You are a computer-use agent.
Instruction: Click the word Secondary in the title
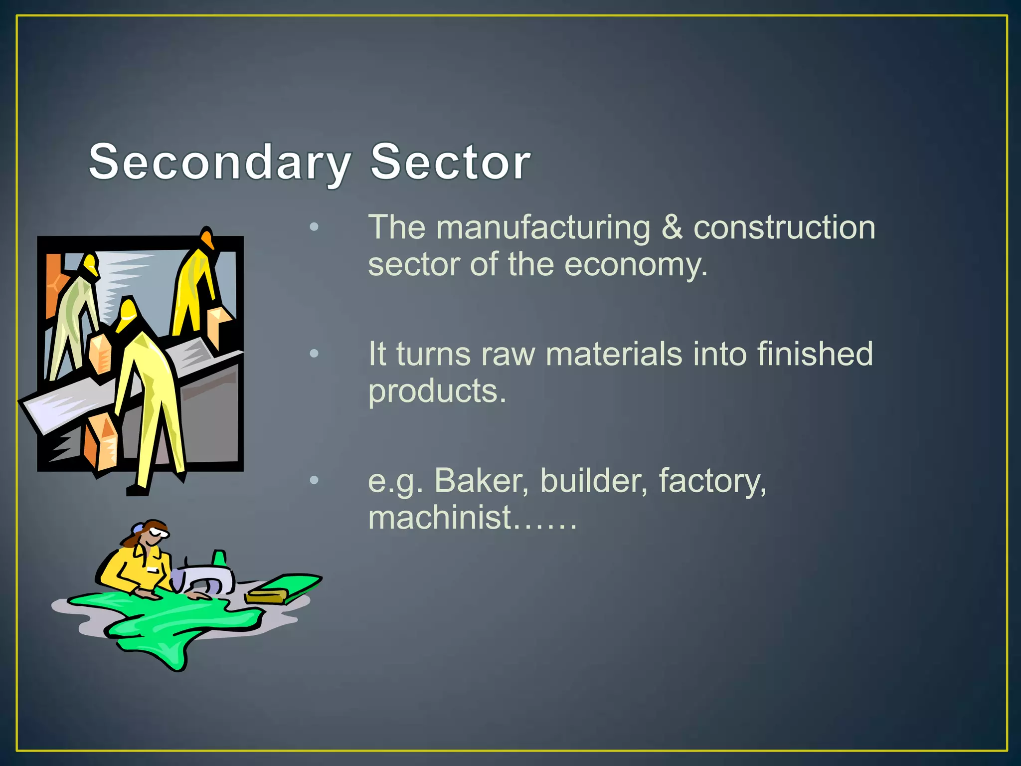pyautogui.click(x=219, y=162)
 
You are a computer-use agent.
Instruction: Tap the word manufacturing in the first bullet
pyautogui.click(x=543, y=228)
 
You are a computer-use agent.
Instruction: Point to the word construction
pyautogui.click(x=784, y=228)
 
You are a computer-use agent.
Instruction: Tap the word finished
pyautogui.click(x=815, y=354)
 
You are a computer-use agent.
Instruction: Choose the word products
pyautogui.click(x=437, y=391)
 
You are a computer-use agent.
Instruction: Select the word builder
pyautogui.click(x=594, y=481)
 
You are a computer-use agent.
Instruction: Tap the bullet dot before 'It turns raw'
pyautogui.click(x=314, y=354)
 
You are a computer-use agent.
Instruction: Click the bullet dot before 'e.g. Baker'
pyautogui.click(x=314, y=480)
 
